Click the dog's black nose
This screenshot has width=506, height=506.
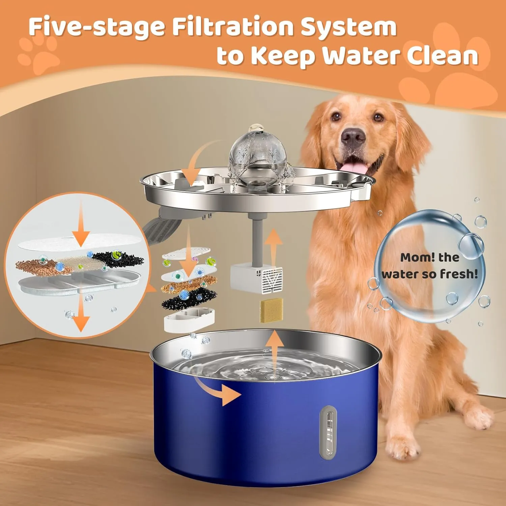(353, 137)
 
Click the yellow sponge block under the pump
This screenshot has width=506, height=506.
(271, 310)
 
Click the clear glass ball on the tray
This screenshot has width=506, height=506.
(258, 156)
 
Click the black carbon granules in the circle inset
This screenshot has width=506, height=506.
(118, 259)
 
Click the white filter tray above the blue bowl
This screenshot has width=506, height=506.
(189, 320)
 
